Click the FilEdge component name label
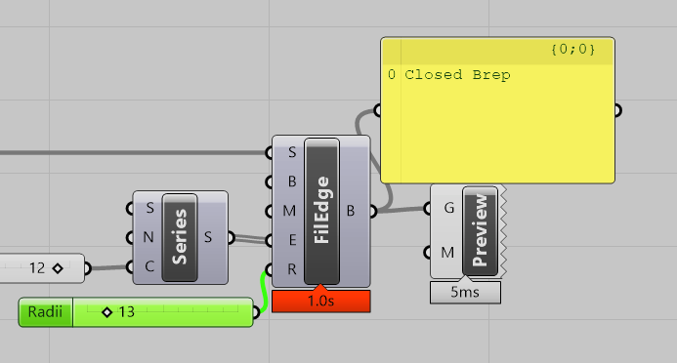321,211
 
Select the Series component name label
180,237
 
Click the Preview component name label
480,230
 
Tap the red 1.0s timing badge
321,302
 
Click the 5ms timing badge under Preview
465,292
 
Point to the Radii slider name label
46,312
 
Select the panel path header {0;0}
572,49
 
